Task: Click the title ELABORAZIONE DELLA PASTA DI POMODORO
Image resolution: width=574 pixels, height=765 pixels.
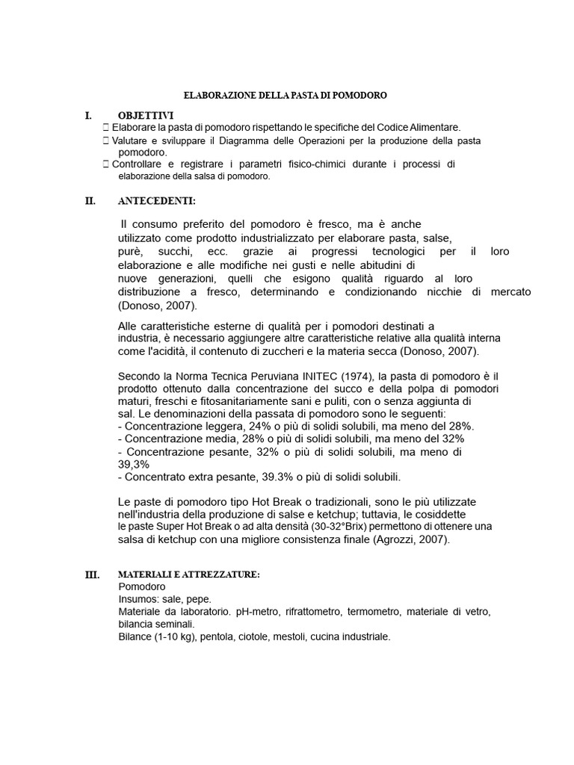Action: click(x=286, y=96)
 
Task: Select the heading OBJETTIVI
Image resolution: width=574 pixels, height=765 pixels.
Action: click(x=146, y=116)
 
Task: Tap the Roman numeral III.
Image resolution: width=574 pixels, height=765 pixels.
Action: click(x=93, y=575)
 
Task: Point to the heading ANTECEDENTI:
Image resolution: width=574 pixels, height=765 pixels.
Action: click(x=157, y=201)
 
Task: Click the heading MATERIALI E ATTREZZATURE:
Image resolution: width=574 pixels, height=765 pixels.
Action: click(x=189, y=574)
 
